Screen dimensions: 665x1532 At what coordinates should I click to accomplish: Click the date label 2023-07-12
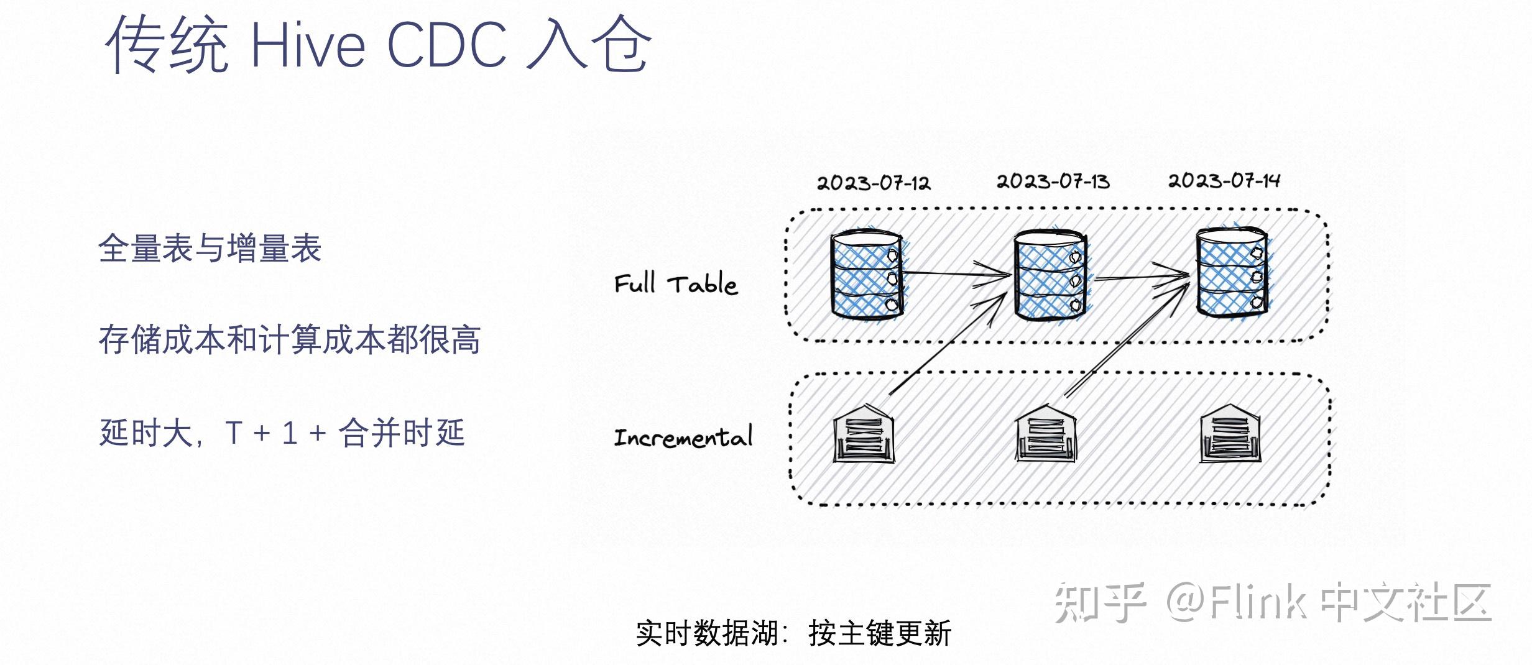pyautogui.click(x=873, y=183)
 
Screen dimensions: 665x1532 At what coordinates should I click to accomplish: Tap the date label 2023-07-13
pyautogui.click(x=1053, y=181)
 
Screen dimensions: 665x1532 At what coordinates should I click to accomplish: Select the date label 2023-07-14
pyautogui.click(x=1224, y=180)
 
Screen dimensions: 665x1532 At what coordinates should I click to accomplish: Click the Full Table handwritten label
pyautogui.click(x=676, y=284)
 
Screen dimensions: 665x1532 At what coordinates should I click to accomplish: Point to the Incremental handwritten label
pyautogui.click(x=683, y=437)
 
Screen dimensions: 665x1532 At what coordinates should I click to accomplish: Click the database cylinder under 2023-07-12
pyautogui.click(x=867, y=275)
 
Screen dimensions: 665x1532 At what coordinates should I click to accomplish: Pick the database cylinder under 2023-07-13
pyautogui.click(x=1050, y=276)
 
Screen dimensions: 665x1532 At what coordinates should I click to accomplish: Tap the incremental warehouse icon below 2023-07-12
pyautogui.click(x=864, y=433)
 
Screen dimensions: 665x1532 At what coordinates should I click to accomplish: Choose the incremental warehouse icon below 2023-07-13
pyautogui.click(x=1046, y=433)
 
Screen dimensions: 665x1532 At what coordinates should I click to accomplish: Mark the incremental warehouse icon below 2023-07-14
pyautogui.click(x=1230, y=433)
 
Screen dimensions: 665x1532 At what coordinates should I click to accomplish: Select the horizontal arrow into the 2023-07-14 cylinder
pyautogui.click(x=1142, y=277)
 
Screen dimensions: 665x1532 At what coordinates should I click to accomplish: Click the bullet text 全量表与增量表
pyautogui.click(x=210, y=248)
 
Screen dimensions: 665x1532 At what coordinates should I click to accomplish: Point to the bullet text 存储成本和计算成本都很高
pyautogui.click(x=289, y=340)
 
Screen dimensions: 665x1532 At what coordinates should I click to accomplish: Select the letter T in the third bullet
pyautogui.click(x=234, y=433)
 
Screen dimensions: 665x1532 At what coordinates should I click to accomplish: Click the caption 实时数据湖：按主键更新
pyautogui.click(x=793, y=633)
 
